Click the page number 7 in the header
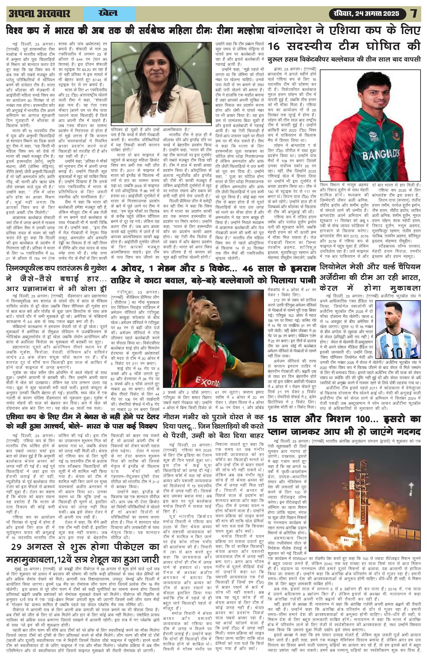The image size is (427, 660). (414, 14)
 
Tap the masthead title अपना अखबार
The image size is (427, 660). (39, 14)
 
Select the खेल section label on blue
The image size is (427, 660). (108, 13)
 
